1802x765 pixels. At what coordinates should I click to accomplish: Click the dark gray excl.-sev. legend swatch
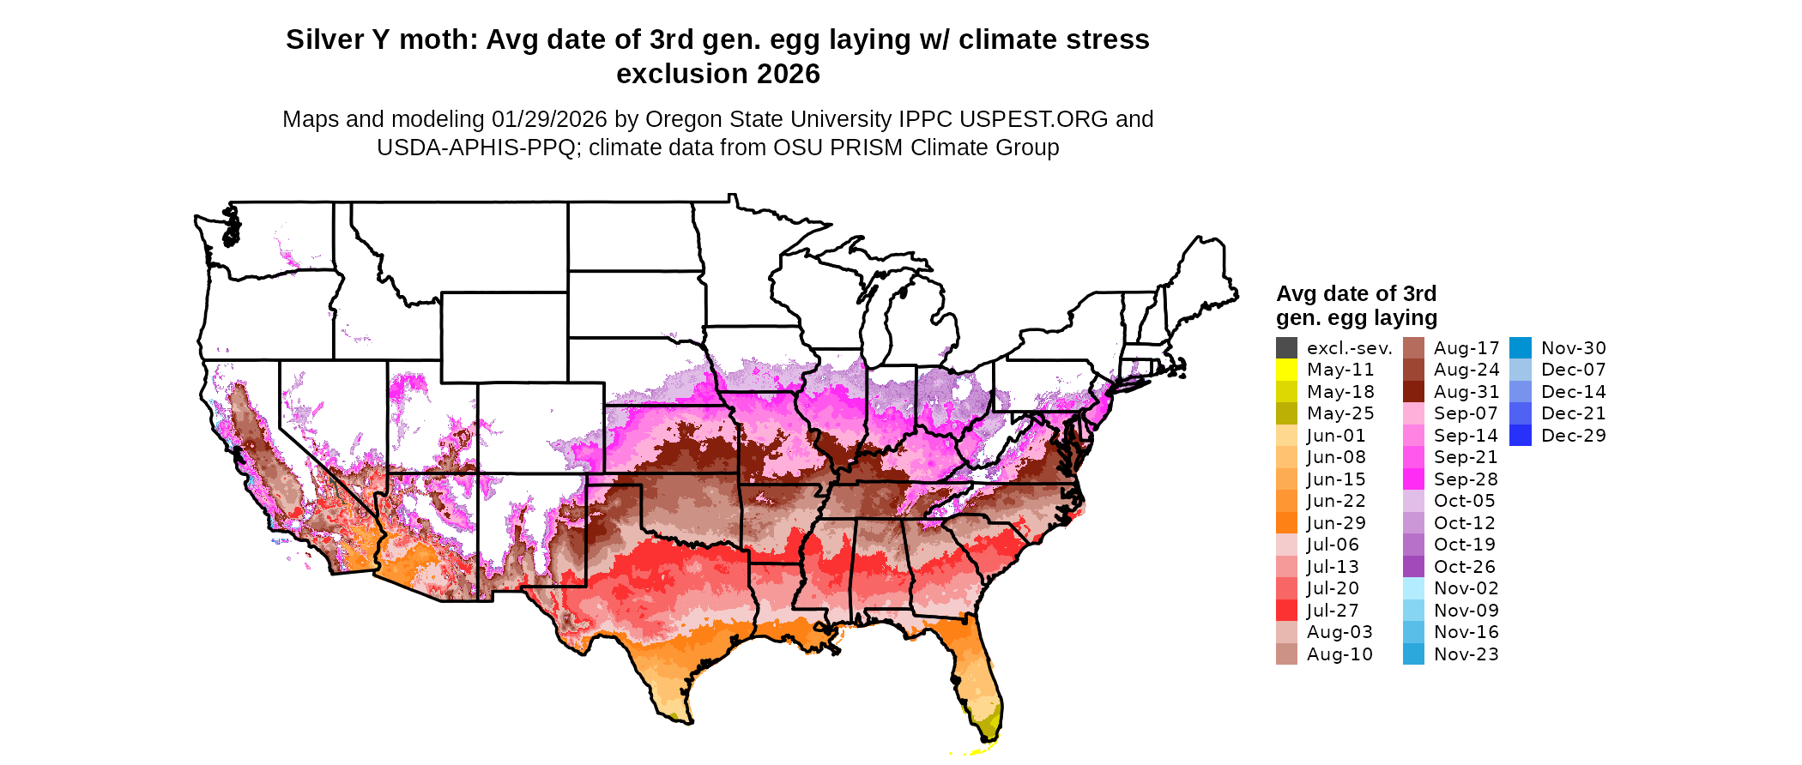tap(1286, 348)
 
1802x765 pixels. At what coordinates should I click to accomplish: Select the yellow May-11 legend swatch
tap(1286, 370)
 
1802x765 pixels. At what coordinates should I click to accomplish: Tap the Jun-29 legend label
tap(1336, 523)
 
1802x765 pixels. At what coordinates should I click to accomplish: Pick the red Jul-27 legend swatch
tap(1286, 611)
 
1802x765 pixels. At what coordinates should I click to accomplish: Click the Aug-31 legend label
tap(1466, 392)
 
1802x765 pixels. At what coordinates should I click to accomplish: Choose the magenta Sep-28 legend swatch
tap(1413, 479)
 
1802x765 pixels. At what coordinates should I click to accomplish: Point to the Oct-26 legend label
tap(1464, 567)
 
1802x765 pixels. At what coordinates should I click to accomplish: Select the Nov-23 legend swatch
tap(1413, 654)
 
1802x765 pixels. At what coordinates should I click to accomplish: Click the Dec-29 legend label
tap(1573, 436)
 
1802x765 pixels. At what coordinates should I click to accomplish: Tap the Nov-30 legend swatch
tap(1520, 348)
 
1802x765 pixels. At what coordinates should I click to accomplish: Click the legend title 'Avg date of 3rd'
tap(1356, 294)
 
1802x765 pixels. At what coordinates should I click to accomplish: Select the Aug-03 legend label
tap(1339, 632)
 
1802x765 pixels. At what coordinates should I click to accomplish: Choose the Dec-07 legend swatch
tap(1520, 370)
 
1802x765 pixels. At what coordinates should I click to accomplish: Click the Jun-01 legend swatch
tap(1286, 436)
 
